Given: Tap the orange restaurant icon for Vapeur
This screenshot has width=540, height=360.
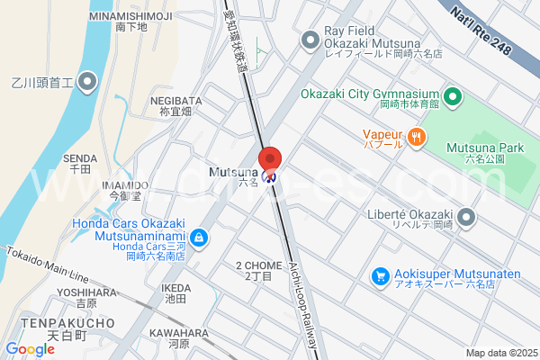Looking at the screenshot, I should click(416, 137).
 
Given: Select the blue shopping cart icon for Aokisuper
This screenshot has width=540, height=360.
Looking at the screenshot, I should click(381, 275).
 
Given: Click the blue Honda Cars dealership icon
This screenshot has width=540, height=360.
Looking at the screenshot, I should click(199, 238).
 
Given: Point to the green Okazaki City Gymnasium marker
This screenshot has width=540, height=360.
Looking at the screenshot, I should click(453, 95).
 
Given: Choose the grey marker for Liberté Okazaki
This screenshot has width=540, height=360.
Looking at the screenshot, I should click(466, 217).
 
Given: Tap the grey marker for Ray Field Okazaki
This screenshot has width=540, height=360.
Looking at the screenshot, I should click(311, 39).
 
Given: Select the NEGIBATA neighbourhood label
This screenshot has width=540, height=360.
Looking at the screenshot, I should click(175, 101).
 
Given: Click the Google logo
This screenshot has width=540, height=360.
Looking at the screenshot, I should click(30, 349).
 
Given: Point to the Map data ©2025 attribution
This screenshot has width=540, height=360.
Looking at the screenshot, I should click(500, 353).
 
